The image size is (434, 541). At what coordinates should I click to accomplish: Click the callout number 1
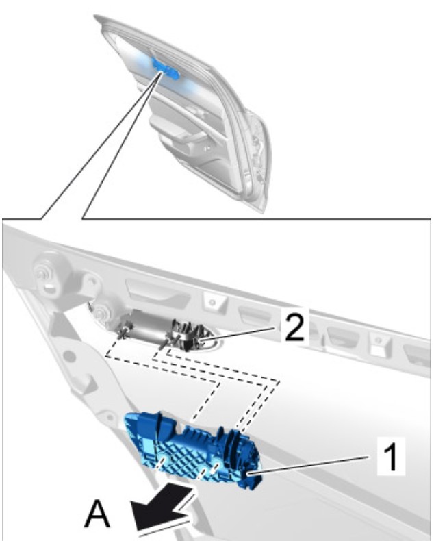(x=392, y=457)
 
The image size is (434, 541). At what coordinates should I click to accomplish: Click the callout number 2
(x=294, y=327)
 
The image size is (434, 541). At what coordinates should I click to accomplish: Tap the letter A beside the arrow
(x=98, y=514)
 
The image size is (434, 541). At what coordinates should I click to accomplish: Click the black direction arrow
(x=162, y=507)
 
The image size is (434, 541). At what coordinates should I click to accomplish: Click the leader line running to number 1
(x=309, y=465)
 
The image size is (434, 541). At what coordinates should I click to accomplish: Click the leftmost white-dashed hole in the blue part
(x=160, y=462)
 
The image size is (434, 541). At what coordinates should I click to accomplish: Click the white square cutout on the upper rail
(x=378, y=351)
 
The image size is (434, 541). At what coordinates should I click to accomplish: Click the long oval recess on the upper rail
(x=157, y=293)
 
